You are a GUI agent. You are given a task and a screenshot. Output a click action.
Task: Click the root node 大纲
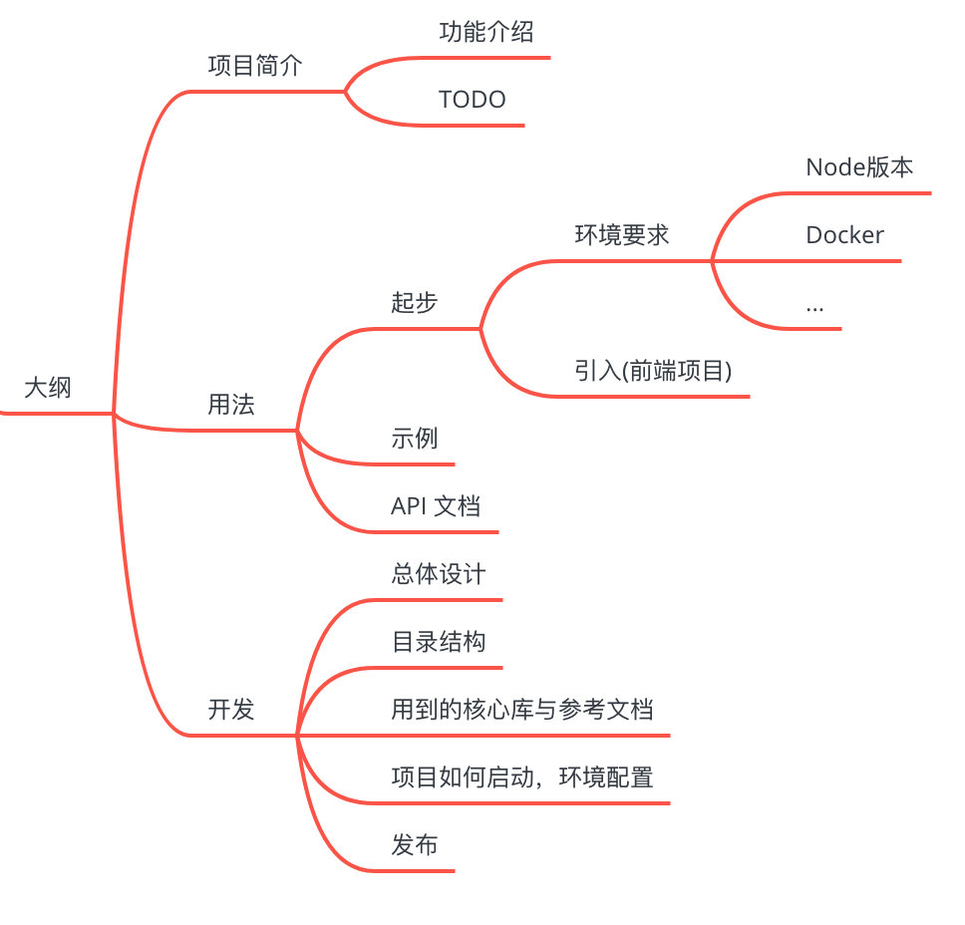pyautogui.click(x=48, y=387)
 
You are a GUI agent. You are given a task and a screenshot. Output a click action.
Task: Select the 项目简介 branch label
pyautogui.click(x=255, y=66)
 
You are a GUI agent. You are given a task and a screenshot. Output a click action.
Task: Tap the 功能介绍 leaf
pyautogui.click(x=486, y=32)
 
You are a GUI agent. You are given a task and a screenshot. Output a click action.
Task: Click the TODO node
pyautogui.click(x=473, y=100)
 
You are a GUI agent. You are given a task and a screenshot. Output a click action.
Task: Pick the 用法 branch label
pyautogui.click(x=231, y=405)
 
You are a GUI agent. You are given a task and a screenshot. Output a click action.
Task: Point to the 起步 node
pyautogui.click(x=415, y=303)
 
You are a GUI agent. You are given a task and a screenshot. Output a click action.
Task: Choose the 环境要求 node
pyautogui.click(x=622, y=235)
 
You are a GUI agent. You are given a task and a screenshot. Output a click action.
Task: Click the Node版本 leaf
pyautogui.click(x=859, y=167)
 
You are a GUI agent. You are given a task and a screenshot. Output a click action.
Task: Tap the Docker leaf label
pyautogui.click(x=844, y=235)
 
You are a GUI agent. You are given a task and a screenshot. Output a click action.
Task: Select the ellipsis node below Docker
pyautogui.click(x=814, y=305)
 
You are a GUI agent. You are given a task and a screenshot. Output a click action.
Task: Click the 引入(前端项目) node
pyautogui.click(x=654, y=371)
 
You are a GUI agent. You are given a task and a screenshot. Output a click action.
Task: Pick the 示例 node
pyautogui.click(x=415, y=439)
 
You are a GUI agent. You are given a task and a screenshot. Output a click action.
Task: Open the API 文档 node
pyautogui.click(x=436, y=506)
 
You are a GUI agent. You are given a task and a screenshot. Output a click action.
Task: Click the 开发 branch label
pyautogui.click(x=231, y=710)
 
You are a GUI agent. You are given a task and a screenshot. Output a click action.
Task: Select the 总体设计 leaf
pyautogui.click(x=439, y=574)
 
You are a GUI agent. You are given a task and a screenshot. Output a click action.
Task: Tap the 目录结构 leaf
pyautogui.click(x=439, y=642)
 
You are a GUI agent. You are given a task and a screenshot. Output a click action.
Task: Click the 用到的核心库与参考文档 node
pyautogui.click(x=522, y=710)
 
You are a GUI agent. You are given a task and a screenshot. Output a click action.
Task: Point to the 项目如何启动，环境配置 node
pyautogui.click(x=522, y=777)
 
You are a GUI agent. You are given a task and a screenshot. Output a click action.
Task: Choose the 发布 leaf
pyautogui.click(x=415, y=845)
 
